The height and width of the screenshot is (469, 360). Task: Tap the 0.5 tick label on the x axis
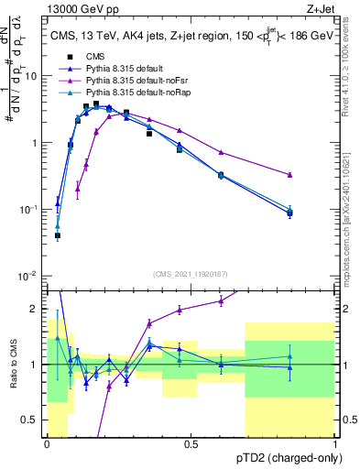pos(191,444)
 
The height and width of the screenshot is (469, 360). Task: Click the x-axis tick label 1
pos(334,444)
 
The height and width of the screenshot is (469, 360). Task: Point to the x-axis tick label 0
pos(47,444)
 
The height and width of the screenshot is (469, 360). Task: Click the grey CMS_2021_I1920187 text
pos(190,273)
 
